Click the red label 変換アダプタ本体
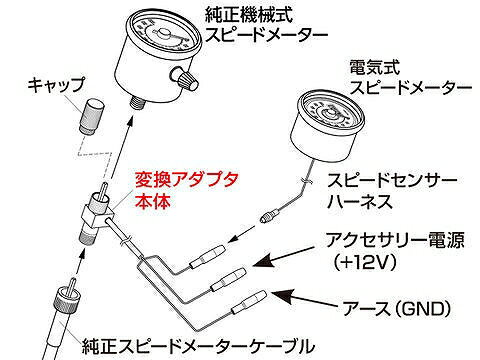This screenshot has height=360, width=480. [x=186, y=191]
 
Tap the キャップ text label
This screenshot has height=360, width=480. [x=56, y=85]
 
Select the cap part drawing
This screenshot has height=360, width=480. [x=92, y=116]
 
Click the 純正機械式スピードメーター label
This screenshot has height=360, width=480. [x=265, y=25]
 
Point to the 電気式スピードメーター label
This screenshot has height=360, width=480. [x=410, y=78]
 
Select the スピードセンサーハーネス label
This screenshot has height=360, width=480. [x=392, y=191]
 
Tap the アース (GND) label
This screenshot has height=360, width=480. [x=397, y=308]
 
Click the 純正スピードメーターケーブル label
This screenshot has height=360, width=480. [x=198, y=347]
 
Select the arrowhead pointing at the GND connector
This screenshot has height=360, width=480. [x=282, y=295]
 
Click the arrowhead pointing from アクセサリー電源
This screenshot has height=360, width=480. [x=263, y=261]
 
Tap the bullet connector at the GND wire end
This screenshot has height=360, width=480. [x=250, y=302]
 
